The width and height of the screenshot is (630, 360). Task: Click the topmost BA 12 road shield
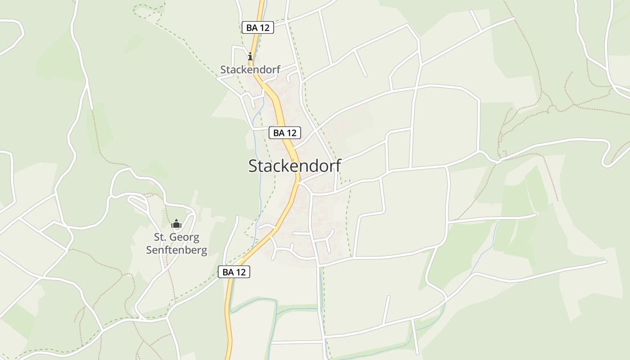point(257,27)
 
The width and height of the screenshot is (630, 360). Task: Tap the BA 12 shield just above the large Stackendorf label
point(284,133)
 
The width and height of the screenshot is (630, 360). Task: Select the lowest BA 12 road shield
point(234,272)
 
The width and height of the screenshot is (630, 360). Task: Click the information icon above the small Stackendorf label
point(250,57)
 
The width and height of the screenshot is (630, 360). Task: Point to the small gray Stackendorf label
point(250,70)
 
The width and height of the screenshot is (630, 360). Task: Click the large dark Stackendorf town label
point(294,166)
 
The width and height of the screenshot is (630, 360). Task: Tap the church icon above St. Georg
point(176,224)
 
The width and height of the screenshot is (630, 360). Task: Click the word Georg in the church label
point(185,238)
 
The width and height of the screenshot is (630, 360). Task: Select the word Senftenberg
point(176,250)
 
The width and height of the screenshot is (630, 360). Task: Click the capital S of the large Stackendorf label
point(253,166)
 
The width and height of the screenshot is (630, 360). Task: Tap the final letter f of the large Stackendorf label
point(337,165)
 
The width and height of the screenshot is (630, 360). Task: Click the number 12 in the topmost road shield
point(264,27)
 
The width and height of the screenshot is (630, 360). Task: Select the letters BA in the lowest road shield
point(229,272)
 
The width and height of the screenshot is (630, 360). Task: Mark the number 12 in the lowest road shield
point(241,272)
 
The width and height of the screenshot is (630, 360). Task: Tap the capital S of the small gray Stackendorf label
point(223,70)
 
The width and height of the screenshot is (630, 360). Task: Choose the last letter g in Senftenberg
point(205,251)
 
